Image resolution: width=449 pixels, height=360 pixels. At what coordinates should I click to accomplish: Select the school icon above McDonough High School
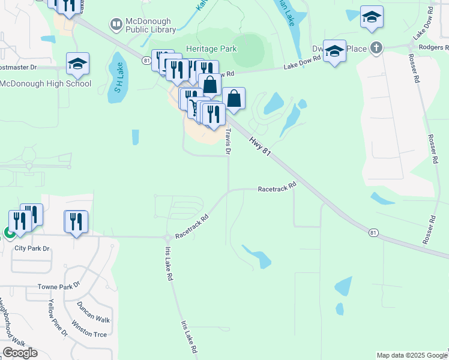click(x=77, y=64)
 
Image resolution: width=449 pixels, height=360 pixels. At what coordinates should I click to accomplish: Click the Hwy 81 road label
click(x=261, y=146)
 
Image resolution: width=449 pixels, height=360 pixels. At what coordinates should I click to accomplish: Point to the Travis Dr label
click(x=228, y=142)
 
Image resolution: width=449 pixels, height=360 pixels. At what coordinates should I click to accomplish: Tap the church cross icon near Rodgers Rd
click(x=376, y=48)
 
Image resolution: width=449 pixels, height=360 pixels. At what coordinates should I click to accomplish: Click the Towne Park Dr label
click(x=58, y=287)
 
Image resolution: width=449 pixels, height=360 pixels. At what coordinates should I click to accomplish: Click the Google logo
click(x=20, y=353)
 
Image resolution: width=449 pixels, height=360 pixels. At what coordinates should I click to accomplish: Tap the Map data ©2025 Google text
click(x=411, y=355)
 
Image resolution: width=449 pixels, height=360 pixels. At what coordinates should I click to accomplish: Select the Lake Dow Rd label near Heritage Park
click(x=303, y=67)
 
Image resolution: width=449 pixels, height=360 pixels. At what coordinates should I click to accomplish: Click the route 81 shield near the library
click(x=146, y=60)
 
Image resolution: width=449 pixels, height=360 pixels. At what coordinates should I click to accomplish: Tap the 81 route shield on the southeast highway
click(x=373, y=232)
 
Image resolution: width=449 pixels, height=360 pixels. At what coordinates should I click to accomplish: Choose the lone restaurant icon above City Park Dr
click(x=76, y=221)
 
